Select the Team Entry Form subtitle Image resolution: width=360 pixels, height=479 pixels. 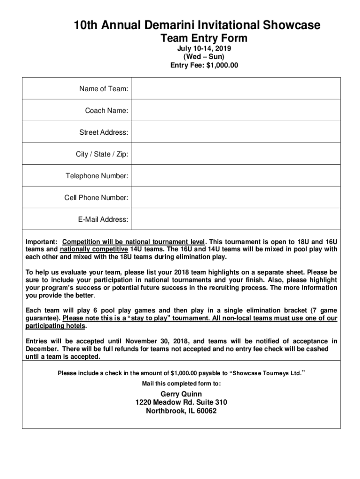[204, 38]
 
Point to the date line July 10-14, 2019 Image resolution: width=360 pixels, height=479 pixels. [204, 49]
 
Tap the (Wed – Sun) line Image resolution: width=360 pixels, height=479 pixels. [204, 57]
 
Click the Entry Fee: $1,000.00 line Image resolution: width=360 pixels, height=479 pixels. [204, 65]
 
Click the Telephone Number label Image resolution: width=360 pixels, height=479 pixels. [97, 176]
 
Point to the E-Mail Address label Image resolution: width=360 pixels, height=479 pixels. [103, 219]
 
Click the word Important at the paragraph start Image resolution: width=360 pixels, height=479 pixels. [41, 242]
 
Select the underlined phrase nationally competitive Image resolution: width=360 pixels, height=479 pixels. [94, 249]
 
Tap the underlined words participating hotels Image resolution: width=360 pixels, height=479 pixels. [56, 326]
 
